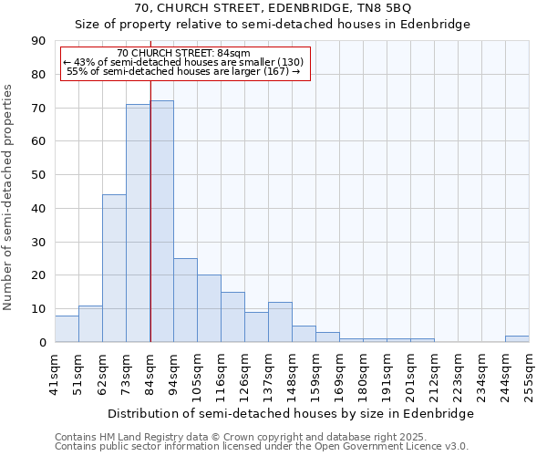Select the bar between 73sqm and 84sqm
pos(138,223)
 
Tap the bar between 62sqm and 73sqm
pos(114,268)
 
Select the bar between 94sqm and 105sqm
pos(185,300)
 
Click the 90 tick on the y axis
pos(38,41)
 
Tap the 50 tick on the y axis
pos(38,175)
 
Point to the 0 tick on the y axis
pos(42,343)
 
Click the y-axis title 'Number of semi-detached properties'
pos(9,197)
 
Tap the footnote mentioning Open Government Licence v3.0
pos(261,447)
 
